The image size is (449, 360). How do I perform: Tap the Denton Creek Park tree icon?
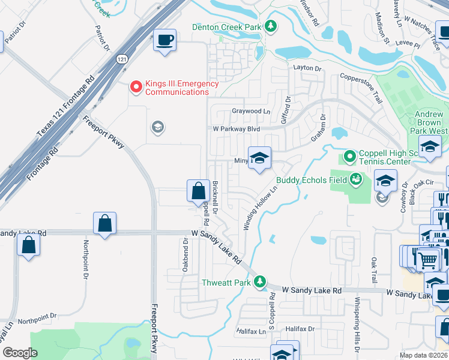click(271, 26)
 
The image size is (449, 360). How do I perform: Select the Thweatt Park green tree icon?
click(259, 281)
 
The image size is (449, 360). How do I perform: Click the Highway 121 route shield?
click(122, 59)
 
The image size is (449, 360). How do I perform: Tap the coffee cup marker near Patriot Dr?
click(165, 40)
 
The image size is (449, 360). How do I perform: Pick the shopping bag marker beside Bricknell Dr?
click(198, 191)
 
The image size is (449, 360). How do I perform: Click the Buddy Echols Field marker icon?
click(356, 179)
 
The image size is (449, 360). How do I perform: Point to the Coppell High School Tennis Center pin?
click(350, 157)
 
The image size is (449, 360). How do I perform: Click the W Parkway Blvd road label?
click(237, 128)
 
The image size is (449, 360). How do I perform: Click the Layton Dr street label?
click(307, 68)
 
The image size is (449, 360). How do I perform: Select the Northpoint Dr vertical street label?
click(86, 260)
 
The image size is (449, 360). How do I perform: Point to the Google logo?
click(20, 353)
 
